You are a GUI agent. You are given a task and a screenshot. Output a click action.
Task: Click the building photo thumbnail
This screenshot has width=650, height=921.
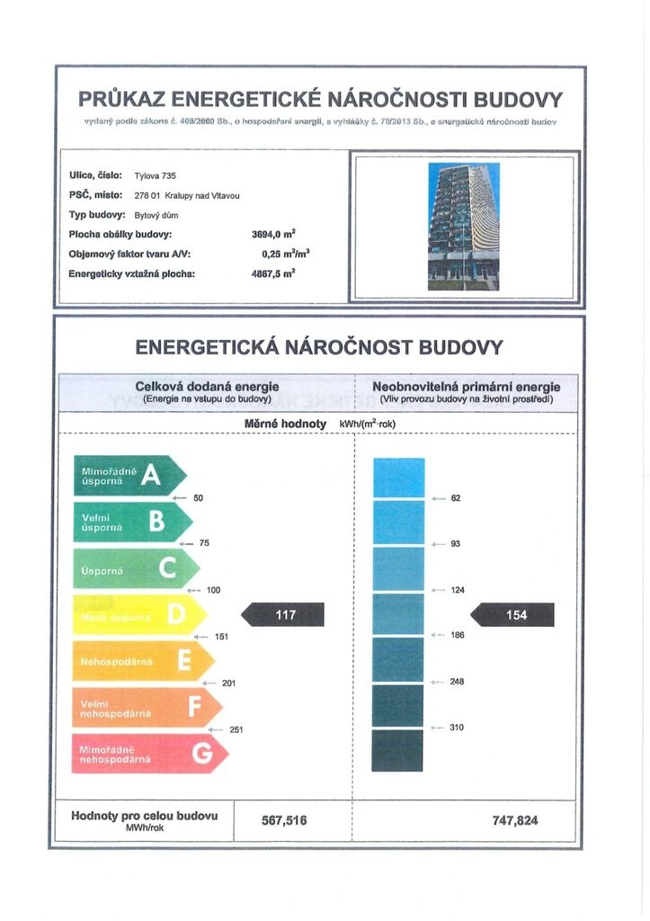coord(463,226)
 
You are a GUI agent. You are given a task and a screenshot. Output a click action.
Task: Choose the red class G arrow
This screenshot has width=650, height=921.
coord(149,754)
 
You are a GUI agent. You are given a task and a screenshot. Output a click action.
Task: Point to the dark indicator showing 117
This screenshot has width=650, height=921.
coord(284,615)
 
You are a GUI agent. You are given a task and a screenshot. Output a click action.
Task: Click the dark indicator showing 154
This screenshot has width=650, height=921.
coord(514,615)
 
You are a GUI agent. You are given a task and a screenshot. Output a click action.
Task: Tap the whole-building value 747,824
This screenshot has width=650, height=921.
coord(516,820)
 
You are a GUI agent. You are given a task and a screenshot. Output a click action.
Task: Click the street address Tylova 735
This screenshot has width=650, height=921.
coord(156,175)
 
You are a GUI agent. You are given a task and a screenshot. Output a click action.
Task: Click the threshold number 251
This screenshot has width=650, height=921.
coord(236,730)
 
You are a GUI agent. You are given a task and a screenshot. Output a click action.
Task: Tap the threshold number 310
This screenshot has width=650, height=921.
coord(457,728)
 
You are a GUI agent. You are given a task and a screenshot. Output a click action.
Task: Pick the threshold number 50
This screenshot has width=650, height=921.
coord(199,498)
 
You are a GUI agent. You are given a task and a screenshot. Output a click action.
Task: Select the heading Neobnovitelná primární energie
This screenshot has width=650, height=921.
coord(466,387)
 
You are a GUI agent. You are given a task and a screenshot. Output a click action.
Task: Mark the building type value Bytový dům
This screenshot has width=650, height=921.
coord(156,216)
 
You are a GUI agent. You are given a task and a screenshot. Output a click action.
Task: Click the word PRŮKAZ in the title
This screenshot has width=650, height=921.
coord(122,98)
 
